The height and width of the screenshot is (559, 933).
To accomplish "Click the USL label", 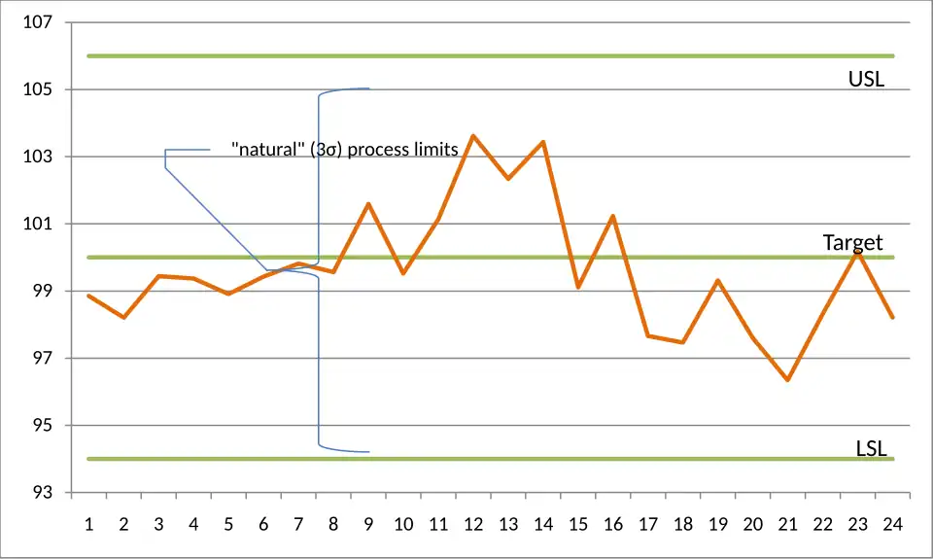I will tap(866, 80).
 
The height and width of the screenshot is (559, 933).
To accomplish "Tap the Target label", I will tap(852, 242).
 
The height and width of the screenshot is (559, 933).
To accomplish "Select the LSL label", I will tap(871, 448).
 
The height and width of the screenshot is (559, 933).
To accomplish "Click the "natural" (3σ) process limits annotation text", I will tap(345, 150).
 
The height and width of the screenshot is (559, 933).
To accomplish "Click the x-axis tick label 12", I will tap(473, 525).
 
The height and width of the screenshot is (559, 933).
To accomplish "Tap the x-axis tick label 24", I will tap(892, 525).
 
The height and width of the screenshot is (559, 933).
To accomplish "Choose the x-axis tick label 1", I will tap(88, 525).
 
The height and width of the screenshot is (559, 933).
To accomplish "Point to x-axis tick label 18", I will tap(683, 525).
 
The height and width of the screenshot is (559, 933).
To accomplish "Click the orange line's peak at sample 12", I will tap(473, 136).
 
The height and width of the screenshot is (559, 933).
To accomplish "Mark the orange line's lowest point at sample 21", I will tap(787, 380).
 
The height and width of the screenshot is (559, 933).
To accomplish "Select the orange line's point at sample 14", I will tap(543, 142).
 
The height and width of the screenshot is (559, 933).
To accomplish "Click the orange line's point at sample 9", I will tap(368, 203).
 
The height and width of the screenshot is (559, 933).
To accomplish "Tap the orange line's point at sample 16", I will tap(613, 216).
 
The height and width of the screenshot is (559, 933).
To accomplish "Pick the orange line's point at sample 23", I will tap(857, 252).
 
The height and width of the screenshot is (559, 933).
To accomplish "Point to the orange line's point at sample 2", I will tap(123, 318).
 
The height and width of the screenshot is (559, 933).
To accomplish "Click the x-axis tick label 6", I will tap(263, 525).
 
